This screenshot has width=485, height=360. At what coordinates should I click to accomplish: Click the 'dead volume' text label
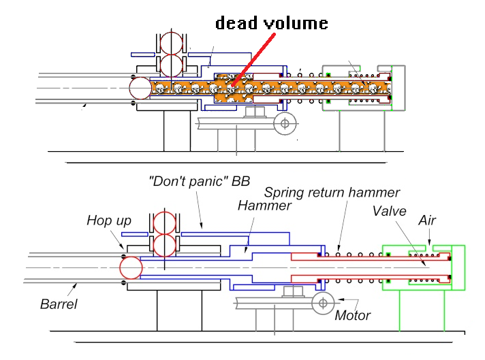click(x=272, y=23)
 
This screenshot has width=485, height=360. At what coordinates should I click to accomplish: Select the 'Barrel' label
click(x=58, y=304)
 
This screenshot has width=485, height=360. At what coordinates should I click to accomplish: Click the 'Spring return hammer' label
click(x=332, y=193)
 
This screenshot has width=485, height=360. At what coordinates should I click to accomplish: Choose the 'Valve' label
click(x=389, y=211)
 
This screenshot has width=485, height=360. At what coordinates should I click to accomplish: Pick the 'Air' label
click(x=427, y=220)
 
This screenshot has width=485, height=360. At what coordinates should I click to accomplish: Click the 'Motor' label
click(x=353, y=315)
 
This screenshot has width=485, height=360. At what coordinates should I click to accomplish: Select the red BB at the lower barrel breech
click(x=131, y=267)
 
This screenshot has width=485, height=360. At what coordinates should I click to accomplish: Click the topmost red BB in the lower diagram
click(x=166, y=223)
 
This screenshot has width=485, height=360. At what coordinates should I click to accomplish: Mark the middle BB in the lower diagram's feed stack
click(x=166, y=246)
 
